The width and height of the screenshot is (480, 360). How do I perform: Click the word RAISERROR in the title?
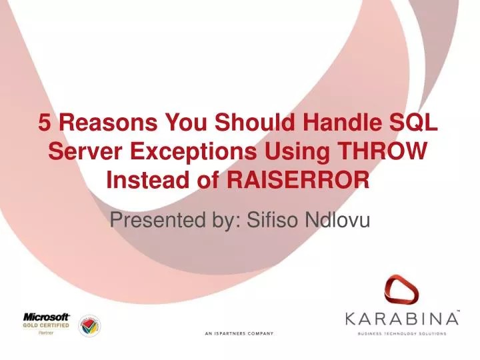[293, 179]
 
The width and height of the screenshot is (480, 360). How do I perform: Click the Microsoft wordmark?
[47, 317]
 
